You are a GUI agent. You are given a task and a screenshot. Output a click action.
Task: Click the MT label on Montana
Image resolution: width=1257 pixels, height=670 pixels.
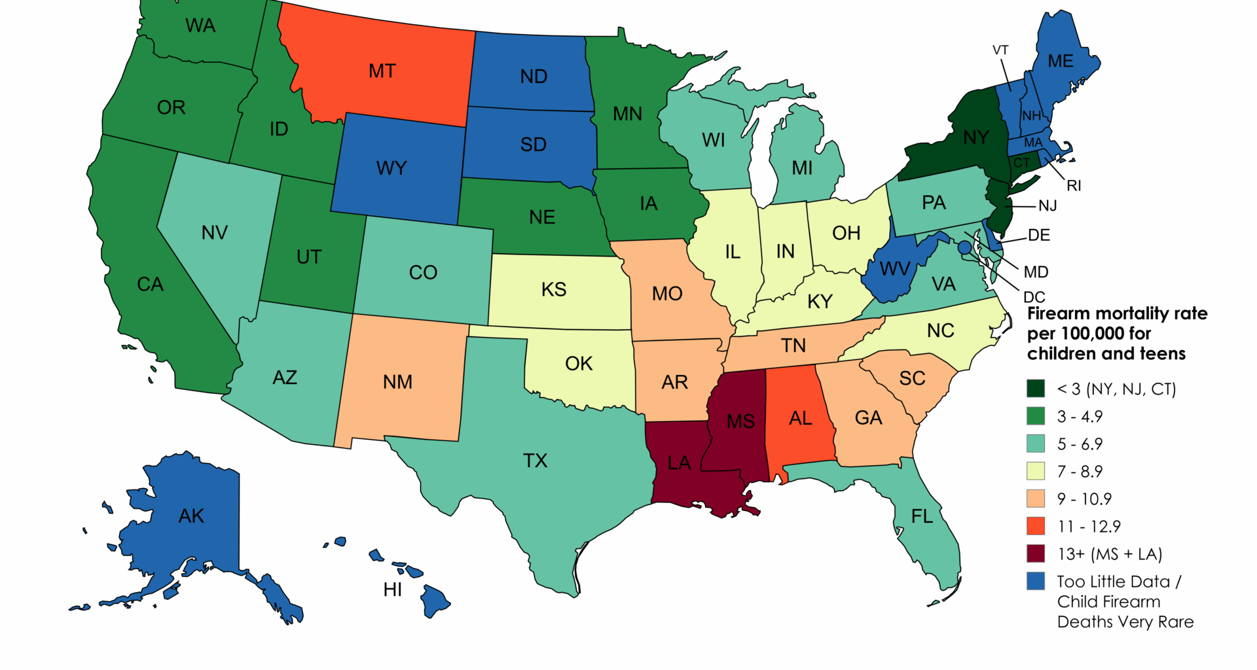pos(382,71)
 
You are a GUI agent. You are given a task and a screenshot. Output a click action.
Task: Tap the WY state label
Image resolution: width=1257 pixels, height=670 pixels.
pos(392,168)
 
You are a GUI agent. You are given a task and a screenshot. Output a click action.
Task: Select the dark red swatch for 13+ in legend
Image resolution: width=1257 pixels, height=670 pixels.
pos(1036,554)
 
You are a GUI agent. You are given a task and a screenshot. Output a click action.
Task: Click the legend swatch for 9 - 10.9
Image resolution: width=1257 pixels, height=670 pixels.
pos(1036,499)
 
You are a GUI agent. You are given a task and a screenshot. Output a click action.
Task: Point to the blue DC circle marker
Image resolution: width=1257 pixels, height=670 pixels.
pos(964,247)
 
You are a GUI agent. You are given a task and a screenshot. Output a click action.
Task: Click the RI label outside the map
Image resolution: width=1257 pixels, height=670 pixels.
pos(1074,186)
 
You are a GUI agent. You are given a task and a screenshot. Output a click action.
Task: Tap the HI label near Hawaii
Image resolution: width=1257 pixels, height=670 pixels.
pos(393,590)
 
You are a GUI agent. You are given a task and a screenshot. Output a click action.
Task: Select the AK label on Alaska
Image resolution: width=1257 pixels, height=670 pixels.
pos(191,516)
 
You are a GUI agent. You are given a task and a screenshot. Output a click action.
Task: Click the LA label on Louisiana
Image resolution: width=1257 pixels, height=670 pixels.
pos(679,463)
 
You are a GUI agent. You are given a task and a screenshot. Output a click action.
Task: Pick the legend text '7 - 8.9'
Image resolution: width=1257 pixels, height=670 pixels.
pos(1080,471)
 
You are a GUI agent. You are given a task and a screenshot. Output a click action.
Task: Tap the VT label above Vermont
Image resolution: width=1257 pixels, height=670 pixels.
pos(1000,50)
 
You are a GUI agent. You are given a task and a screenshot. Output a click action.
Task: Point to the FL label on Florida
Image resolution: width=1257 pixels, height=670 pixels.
pos(922,516)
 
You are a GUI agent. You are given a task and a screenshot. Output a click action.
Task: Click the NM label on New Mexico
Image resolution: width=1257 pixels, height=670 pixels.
pos(397,382)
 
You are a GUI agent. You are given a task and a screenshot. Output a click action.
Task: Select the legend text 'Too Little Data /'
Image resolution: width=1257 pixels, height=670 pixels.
pos(1119,582)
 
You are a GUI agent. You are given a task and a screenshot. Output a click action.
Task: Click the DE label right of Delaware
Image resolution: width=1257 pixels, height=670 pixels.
pos(1039,236)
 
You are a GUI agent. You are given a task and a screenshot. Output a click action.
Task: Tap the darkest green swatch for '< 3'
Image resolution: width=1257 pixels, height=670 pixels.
pos(1036,389)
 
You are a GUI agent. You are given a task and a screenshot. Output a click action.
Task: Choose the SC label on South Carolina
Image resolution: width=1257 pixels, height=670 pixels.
pos(912,378)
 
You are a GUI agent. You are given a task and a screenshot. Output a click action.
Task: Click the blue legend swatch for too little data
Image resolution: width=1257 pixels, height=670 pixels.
pos(1036,581)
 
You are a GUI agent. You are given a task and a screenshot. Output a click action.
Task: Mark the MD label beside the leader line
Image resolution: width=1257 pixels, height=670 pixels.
pos(1036,272)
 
